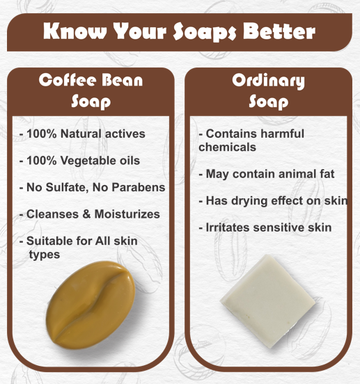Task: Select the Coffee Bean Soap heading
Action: (x=91, y=90)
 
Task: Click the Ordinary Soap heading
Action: (x=268, y=90)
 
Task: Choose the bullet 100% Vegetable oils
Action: (x=83, y=161)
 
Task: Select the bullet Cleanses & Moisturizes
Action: (x=93, y=214)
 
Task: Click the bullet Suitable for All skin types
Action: (x=81, y=248)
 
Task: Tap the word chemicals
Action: (x=227, y=147)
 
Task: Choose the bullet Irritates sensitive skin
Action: (x=265, y=227)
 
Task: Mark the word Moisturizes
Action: (x=128, y=214)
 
